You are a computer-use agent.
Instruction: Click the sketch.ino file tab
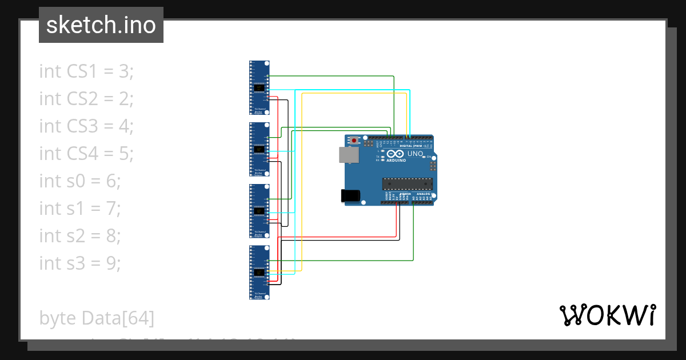pos(101,25)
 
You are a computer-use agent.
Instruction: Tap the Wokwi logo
pos(607,315)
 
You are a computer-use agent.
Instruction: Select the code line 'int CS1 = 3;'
pos(86,71)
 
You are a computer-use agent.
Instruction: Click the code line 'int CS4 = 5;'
pos(86,154)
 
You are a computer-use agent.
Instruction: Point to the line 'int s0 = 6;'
pos(80,181)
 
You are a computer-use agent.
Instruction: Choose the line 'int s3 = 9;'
pos(80,263)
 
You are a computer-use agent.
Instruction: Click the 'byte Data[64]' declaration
pos(97,318)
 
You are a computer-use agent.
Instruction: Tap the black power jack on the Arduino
pos(350,195)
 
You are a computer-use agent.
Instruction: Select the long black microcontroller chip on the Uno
pos(406,183)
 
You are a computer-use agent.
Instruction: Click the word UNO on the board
pos(416,154)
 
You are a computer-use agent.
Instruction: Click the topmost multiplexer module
pos(260,88)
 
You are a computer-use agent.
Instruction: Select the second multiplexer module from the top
pos(260,150)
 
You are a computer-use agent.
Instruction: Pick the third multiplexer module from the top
pos(260,211)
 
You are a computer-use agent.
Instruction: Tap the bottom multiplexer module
pos(260,273)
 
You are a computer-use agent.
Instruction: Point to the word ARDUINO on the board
pos(397,161)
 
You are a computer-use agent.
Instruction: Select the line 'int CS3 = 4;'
pos(86,126)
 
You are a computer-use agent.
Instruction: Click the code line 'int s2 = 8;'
pos(80,236)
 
